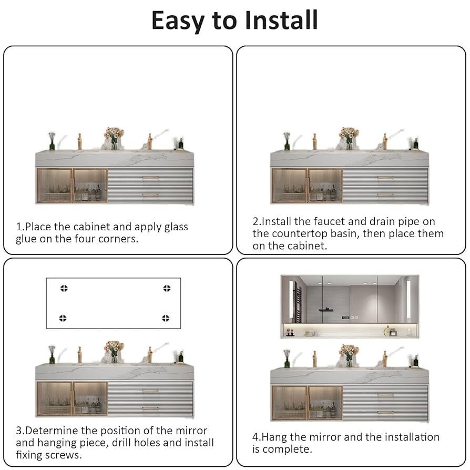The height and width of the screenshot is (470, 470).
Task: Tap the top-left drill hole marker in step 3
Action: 64,288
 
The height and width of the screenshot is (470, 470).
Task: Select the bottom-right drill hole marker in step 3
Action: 166,318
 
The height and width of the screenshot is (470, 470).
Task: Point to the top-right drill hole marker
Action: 167,288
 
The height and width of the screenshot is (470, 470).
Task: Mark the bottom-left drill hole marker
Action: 63,318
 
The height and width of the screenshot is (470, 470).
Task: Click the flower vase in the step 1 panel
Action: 114,139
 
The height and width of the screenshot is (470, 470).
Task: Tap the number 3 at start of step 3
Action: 19,431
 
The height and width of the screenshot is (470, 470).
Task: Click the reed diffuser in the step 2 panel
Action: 287,141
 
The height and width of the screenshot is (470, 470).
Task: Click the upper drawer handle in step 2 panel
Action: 385,178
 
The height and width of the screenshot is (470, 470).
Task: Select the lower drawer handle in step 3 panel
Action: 150,408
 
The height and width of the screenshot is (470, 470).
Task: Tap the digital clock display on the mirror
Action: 345,318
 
